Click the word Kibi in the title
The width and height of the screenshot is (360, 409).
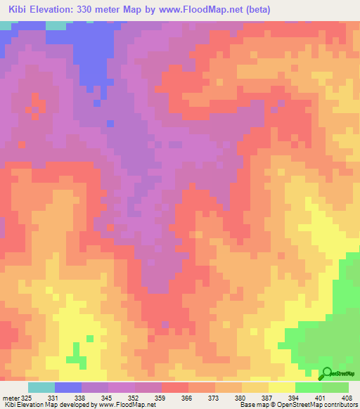20,10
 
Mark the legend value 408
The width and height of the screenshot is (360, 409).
347,398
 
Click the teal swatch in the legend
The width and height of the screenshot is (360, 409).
41,387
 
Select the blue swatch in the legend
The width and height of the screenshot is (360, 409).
68,387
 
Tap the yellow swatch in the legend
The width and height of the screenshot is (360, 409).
281,387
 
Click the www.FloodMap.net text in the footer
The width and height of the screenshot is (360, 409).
127,405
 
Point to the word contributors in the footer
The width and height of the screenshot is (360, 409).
340,405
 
